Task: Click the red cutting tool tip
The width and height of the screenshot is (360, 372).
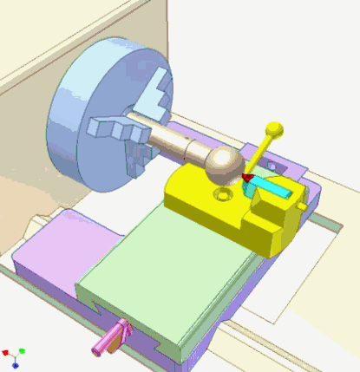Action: (245, 179)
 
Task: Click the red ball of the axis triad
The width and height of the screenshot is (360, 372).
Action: (6, 353)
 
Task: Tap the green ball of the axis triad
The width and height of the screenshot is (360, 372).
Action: (22, 351)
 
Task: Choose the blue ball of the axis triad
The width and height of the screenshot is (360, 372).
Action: (16, 365)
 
